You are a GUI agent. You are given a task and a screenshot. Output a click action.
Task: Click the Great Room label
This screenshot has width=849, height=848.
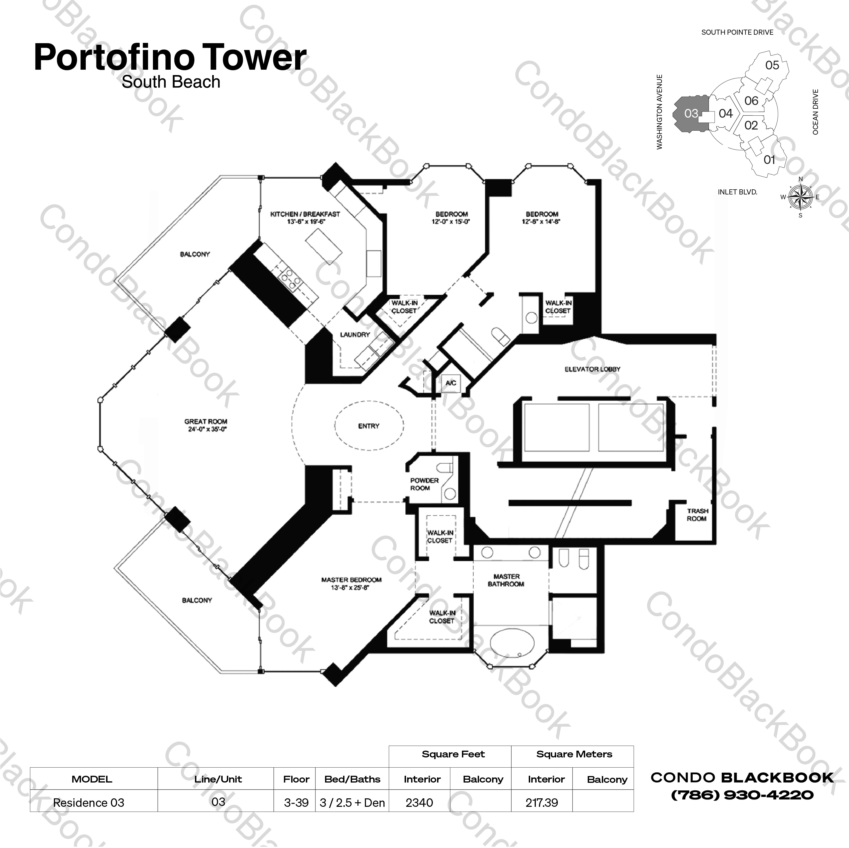[x=206, y=425]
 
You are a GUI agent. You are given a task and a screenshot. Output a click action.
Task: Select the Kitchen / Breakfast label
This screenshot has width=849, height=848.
[x=305, y=218]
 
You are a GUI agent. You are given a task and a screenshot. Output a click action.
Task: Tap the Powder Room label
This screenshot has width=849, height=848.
[x=424, y=484]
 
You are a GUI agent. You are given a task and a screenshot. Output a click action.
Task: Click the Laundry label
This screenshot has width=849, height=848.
[x=355, y=334]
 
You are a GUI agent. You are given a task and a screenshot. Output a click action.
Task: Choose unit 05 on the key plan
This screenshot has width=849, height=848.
[x=772, y=65]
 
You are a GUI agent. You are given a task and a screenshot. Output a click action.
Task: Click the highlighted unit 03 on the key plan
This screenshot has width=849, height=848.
[x=690, y=113]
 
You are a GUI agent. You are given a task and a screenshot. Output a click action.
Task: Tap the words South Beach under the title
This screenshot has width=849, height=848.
[x=171, y=82]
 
